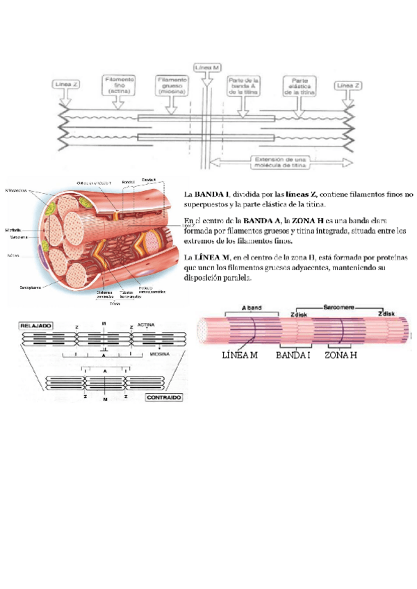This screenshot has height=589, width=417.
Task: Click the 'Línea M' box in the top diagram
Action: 208,68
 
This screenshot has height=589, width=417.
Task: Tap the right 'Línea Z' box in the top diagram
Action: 348,85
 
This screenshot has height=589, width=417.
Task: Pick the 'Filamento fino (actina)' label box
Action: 120,85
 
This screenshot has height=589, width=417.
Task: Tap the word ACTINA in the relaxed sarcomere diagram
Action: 147,324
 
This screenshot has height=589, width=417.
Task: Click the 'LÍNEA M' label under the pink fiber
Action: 239,356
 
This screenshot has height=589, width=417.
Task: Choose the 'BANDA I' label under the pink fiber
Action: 293,356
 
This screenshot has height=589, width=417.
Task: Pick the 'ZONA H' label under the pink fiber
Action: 341,356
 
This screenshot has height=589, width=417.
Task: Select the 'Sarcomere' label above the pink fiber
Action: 338,306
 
